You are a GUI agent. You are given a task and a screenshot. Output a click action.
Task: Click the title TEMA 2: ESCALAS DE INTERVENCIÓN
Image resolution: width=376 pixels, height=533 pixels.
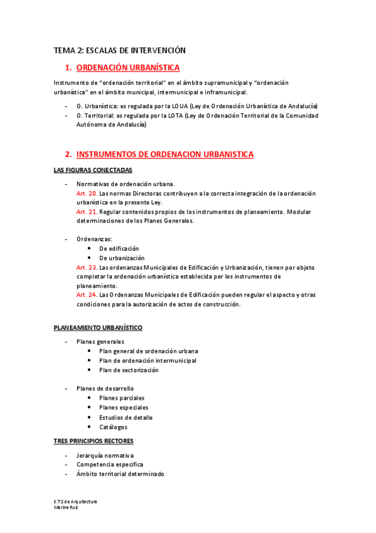point(119,50)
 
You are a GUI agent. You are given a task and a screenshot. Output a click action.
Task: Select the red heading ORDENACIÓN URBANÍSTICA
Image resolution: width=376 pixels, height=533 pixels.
point(128,67)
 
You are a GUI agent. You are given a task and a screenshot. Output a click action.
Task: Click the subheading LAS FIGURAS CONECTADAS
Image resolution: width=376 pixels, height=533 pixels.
point(92,170)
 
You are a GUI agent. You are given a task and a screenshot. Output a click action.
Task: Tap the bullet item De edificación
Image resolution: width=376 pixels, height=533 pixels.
point(119,249)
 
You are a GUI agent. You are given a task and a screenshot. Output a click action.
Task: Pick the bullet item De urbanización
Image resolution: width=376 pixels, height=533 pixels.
point(122,258)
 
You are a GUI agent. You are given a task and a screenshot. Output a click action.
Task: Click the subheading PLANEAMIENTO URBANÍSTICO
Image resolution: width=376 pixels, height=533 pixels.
point(98,327)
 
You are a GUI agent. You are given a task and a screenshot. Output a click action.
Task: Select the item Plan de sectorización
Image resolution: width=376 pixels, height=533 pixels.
point(129,370)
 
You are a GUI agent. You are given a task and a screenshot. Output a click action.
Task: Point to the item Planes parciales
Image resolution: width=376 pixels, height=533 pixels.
point(122,398)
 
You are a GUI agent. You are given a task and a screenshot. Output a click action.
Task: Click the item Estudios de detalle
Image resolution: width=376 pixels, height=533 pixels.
point(126,417)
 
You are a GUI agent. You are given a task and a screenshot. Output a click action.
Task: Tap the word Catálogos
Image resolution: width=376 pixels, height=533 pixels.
point(113,427)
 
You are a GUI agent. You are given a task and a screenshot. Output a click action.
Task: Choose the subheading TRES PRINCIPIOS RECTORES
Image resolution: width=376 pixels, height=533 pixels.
point(94,441)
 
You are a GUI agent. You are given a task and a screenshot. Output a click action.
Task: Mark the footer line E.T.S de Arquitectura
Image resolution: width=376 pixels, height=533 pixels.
point(75,502)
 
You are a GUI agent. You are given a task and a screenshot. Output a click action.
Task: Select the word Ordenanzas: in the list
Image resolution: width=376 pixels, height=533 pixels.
point(94,239)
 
